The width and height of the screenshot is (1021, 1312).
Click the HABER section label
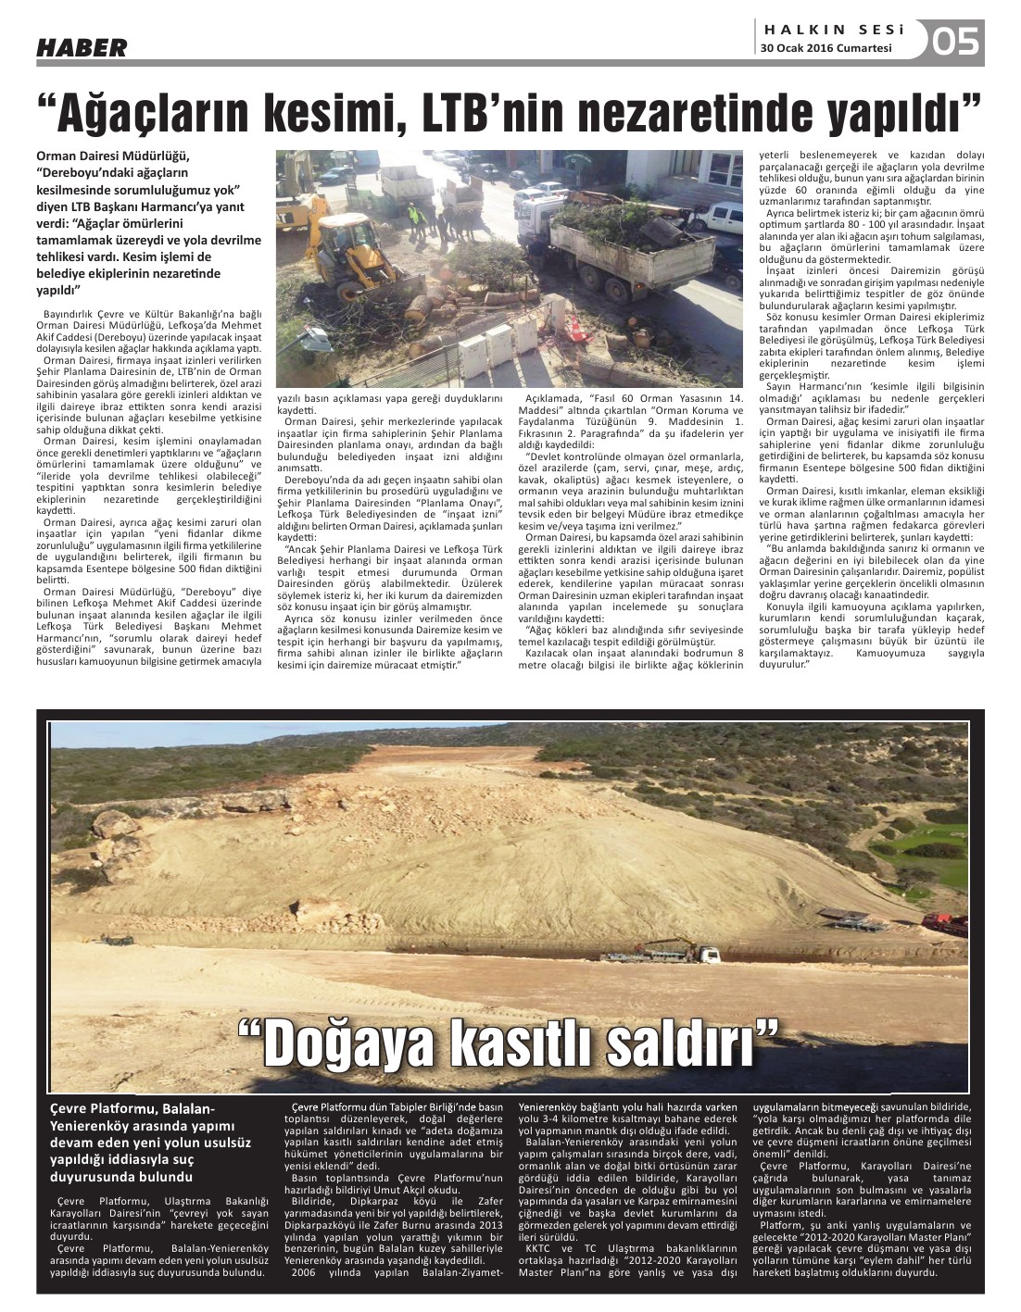(x=82, y=47)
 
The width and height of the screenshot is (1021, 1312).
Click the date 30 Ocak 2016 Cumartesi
(x=826, y=49)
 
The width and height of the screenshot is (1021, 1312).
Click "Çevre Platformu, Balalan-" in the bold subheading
(x=132, y=1108)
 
